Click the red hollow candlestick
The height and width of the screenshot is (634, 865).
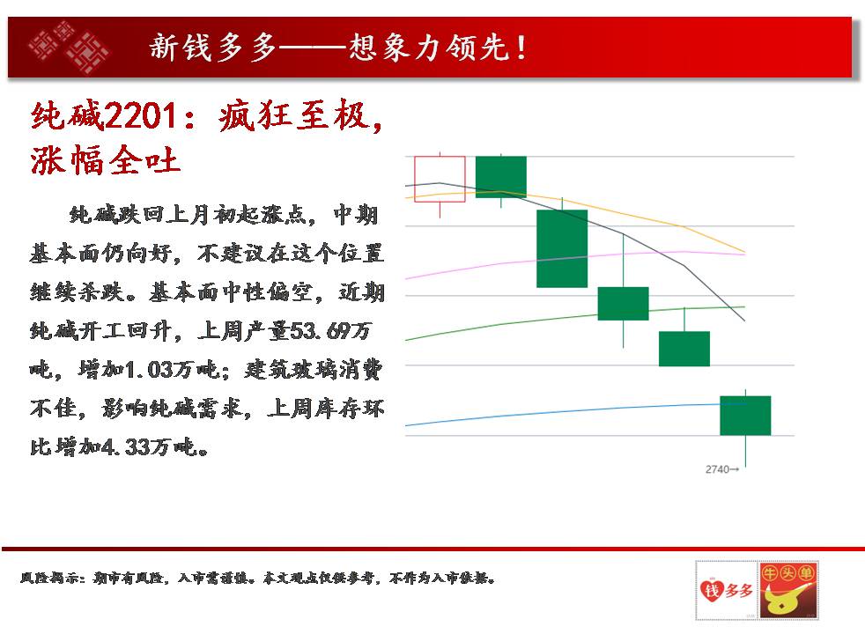click(x=440, y=179)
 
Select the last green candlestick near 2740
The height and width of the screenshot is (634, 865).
click(x=745, y=416)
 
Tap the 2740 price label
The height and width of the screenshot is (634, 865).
click(x=721, y=469)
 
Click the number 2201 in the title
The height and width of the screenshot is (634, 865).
click(x=140, y=115)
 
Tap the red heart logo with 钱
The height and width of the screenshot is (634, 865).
click(x=712, y=590)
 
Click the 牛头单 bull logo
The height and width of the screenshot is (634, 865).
click(x=787, y=590)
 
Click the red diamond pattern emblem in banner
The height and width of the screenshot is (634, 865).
click(x=70, y=47)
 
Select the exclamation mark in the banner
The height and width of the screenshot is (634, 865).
click(x=521, y=48)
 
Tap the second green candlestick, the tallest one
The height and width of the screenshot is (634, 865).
click(x=562, y=248)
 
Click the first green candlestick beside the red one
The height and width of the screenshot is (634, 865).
click(x=501, y=176)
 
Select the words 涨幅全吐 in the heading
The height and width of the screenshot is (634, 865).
click(x=106, y=161)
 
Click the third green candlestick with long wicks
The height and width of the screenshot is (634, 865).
click(x=624, y=303)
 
